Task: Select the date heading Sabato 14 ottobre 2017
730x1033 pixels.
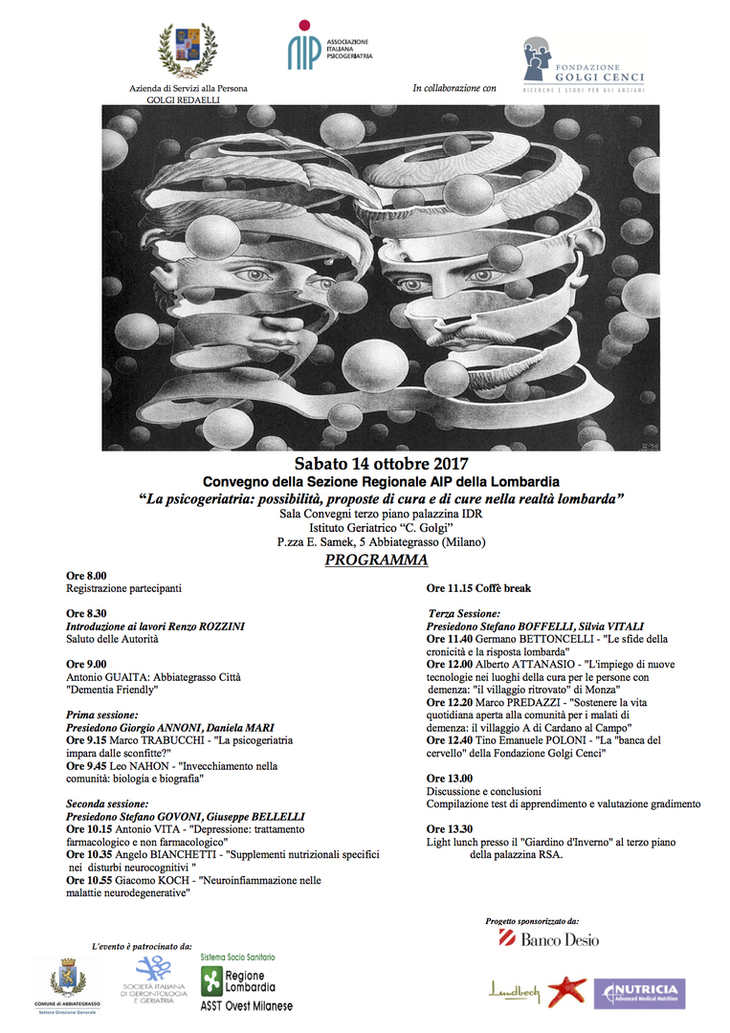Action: point(380,464)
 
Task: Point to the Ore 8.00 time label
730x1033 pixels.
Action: point(86,575)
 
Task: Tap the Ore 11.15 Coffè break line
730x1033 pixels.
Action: point(478,588)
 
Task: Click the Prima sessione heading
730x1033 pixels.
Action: point(101,714)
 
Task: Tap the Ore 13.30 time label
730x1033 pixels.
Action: point(450,828)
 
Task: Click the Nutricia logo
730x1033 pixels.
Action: point(638,993)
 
